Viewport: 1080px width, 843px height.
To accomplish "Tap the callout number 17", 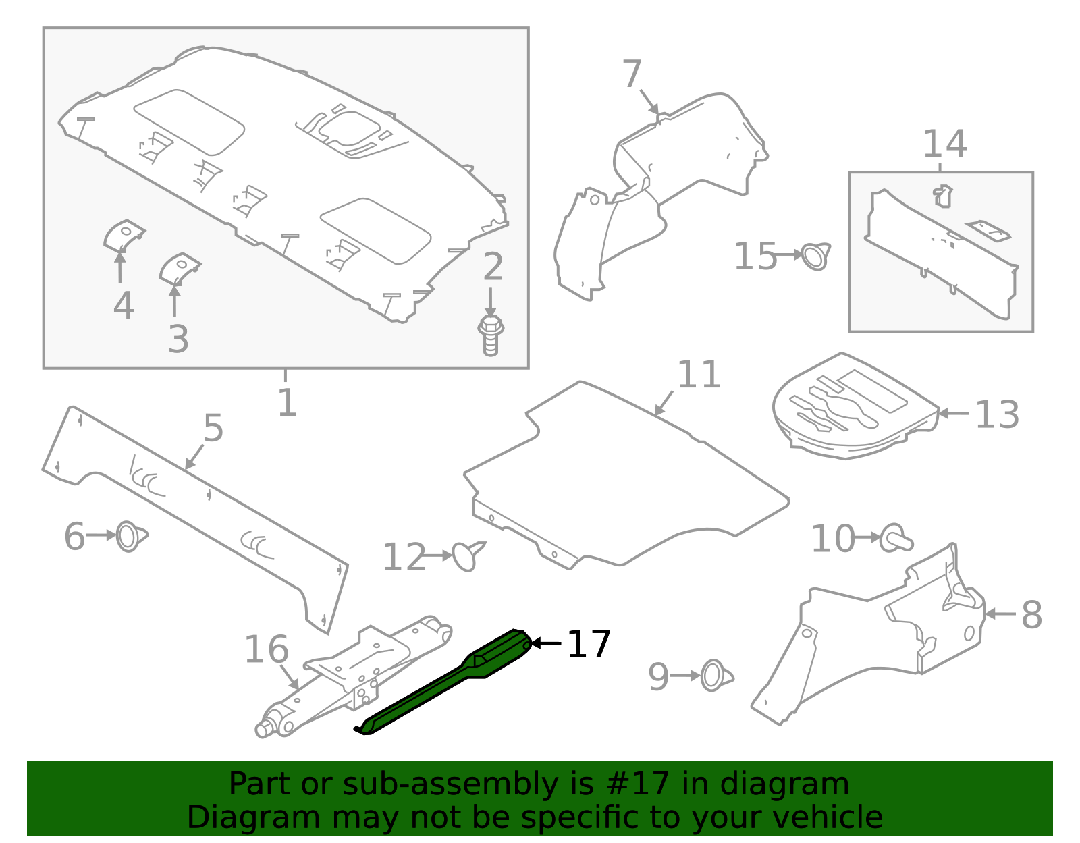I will click(x=589, y=645).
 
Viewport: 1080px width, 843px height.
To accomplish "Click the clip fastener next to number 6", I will click(x=130, y=537).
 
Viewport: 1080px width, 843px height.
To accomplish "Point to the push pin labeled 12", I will click(x=467, y=555).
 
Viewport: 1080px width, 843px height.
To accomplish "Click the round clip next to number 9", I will click(x=714, y=676).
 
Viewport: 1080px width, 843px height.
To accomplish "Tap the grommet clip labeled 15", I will click(x=815, y=256).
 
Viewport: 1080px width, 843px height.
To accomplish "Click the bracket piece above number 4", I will click(x=124, y=235).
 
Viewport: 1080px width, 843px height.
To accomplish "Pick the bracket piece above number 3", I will click(x=179, y=268).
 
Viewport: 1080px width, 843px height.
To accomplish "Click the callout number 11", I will click(x=699, y=375).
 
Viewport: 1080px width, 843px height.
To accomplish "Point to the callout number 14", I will click(x=944, y=144).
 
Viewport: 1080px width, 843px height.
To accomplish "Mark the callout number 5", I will click(x=213, y=429).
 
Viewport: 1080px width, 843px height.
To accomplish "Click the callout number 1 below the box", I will click(x=287, y=403).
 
